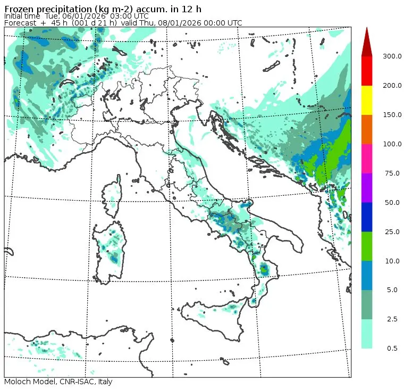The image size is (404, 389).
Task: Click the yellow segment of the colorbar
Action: click(367, 100)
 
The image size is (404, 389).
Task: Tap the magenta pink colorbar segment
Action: click(367, 159)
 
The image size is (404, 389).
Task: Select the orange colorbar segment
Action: click(367, 129)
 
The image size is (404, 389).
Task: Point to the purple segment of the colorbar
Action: click(367, 187)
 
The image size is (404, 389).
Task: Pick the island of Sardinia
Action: click(110, 250)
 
